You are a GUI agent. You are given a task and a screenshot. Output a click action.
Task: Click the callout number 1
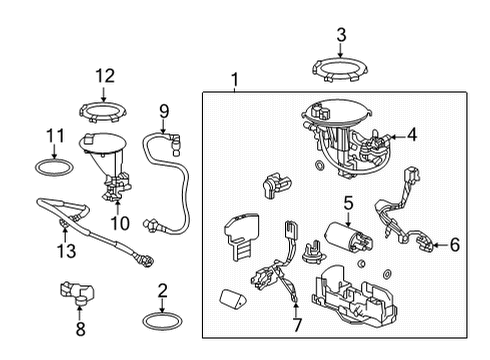[234, 79]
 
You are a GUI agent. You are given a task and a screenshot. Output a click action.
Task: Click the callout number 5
[348, 204]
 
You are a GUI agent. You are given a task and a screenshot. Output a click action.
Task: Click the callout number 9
[164, 111]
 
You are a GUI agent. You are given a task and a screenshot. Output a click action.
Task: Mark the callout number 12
[106, 74]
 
